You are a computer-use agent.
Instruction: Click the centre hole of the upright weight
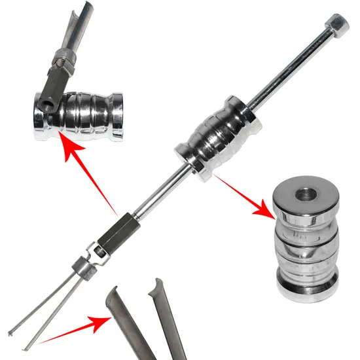(306, 194)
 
